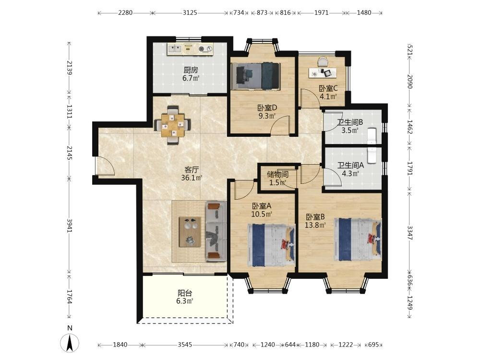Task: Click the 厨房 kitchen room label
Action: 191,70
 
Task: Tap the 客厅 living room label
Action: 192,169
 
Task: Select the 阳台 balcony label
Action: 185,293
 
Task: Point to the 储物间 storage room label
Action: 277,175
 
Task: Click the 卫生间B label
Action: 350,122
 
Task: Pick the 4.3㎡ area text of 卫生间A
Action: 350,174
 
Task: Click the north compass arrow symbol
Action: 70,343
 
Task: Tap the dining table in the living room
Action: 173,125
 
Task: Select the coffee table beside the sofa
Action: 190,231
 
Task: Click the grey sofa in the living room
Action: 216,231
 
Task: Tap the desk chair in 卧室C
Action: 323,61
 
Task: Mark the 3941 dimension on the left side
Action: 70,225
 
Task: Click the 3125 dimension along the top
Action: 190,13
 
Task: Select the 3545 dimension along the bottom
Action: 185,345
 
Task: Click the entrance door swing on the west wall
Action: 105,166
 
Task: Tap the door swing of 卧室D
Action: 280,125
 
